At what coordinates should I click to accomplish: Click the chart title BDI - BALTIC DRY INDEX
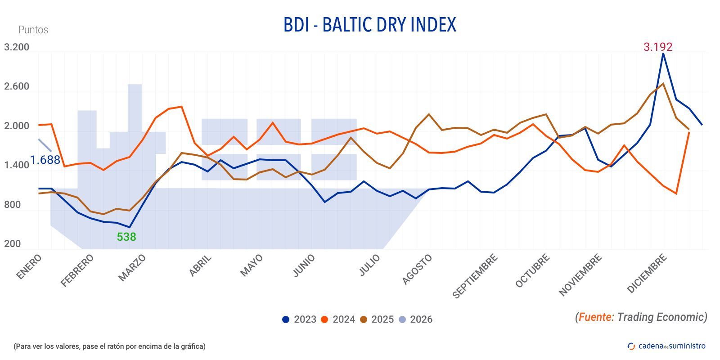click(x=369, y=25)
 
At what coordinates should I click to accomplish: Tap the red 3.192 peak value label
click(x=657, y=47)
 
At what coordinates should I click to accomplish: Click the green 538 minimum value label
click(x=126, y=237)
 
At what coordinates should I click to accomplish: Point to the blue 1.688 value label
click(x=45, y=160)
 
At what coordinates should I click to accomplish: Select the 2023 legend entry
click(x=299, y=319)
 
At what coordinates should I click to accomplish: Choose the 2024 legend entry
click(x=338, y=319)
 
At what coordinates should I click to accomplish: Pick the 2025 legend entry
click(x=377, y=319)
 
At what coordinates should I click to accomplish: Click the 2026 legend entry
click(x=415, y=319)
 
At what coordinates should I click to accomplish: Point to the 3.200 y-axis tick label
click(x=17, y=47)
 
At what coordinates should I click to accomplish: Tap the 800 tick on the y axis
click(x=12, y=205)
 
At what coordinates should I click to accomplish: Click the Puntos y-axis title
click(x=33, y=30)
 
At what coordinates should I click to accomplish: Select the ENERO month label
click(x=29, y=266)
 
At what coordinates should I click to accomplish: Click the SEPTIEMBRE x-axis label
click(x=475, y=276)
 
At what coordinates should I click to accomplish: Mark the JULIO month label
click(x=369, y=265)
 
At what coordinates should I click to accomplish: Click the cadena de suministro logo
click(x=666, y=346)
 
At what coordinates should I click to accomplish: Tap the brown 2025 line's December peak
click(x=663, y=84)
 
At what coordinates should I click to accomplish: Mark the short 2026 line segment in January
click(x=45, y=145)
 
